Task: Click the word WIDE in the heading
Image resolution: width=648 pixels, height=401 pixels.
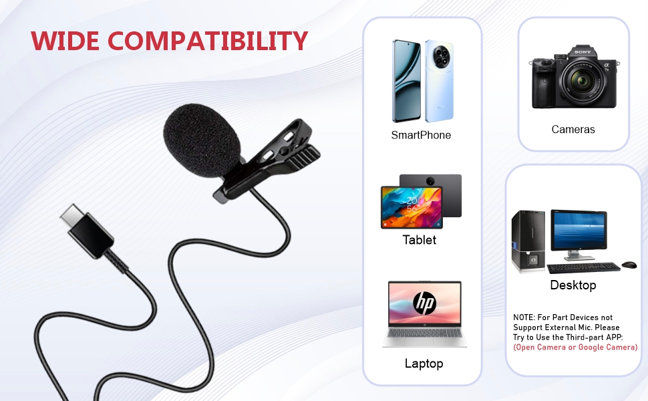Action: point(65,41)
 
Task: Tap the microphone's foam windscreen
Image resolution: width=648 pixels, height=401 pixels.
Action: point(202,140)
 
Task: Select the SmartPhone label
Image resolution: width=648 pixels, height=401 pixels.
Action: point(421,135)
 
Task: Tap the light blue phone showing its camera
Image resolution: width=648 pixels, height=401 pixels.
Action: point(440,81)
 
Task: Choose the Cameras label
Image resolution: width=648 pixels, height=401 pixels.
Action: point(573,130)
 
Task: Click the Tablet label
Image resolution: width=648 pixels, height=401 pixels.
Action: point(420,240)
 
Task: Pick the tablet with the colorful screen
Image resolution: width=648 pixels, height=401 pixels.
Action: point(412,208)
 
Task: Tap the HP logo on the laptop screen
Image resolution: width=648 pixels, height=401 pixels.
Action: point(424,303)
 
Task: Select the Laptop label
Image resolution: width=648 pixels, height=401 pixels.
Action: point(424,364)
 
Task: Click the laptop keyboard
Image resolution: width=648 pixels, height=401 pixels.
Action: point(424,334)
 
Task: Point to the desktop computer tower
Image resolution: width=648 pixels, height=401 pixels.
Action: point(528,241)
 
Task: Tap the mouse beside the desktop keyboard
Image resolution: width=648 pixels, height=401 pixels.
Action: point(629,264)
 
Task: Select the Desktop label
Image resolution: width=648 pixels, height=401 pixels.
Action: point(573,285)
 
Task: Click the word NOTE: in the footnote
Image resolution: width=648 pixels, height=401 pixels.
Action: point(524,317)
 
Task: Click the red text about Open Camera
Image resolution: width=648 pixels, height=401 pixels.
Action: point(575,348)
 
